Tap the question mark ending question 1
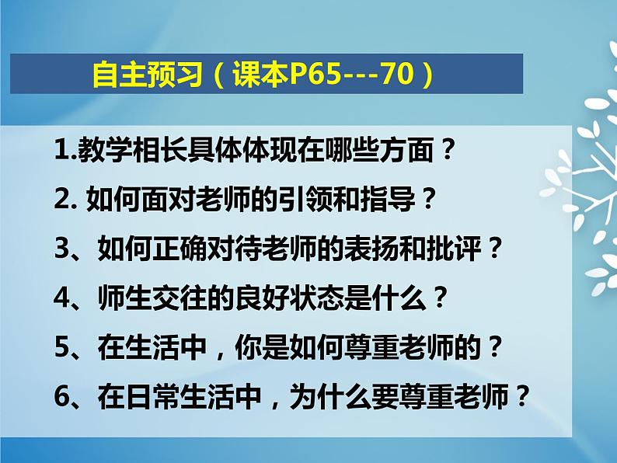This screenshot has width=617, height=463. point(444,151)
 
